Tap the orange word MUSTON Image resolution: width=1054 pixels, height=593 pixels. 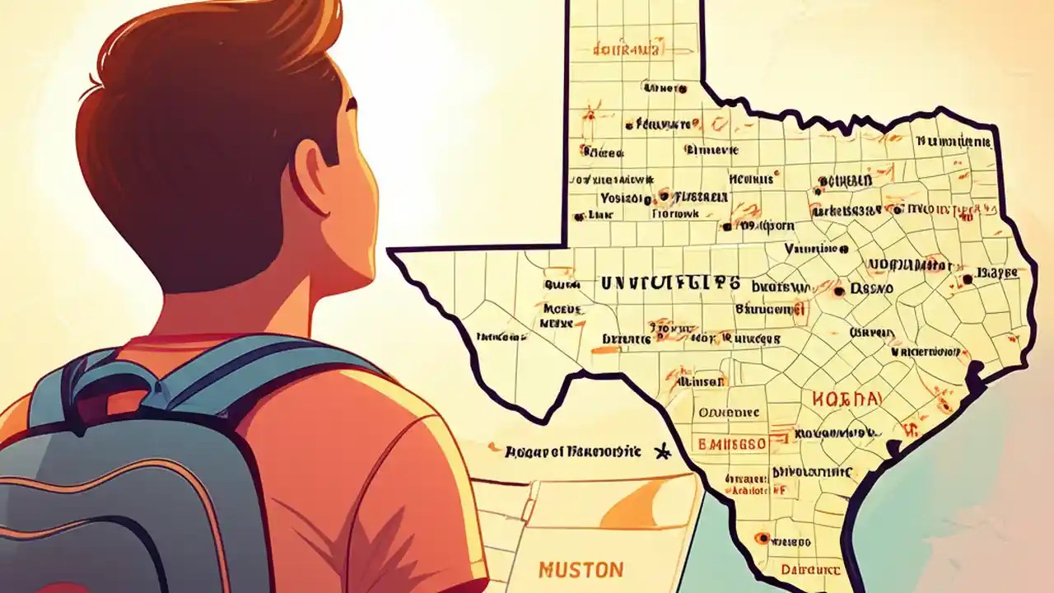pyautogui.click(x=581, y=569)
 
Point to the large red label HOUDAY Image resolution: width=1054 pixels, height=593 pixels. pyautogui.click(x=846, y=399)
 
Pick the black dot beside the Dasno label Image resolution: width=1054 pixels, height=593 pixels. pyautogui.click(x=839, y=291)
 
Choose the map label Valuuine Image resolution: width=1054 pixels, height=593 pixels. pyautogui.click(x=814, y=249)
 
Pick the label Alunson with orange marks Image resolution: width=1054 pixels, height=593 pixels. pyautogui.click(x=700, y=381)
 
